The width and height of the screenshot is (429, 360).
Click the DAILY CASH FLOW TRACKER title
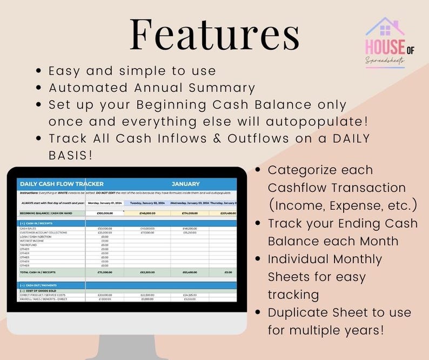[61, 184]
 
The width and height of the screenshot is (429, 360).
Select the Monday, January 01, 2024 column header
[105, 203]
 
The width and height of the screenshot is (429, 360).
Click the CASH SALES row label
[28, 229]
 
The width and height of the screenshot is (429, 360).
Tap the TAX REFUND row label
[29, 245]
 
